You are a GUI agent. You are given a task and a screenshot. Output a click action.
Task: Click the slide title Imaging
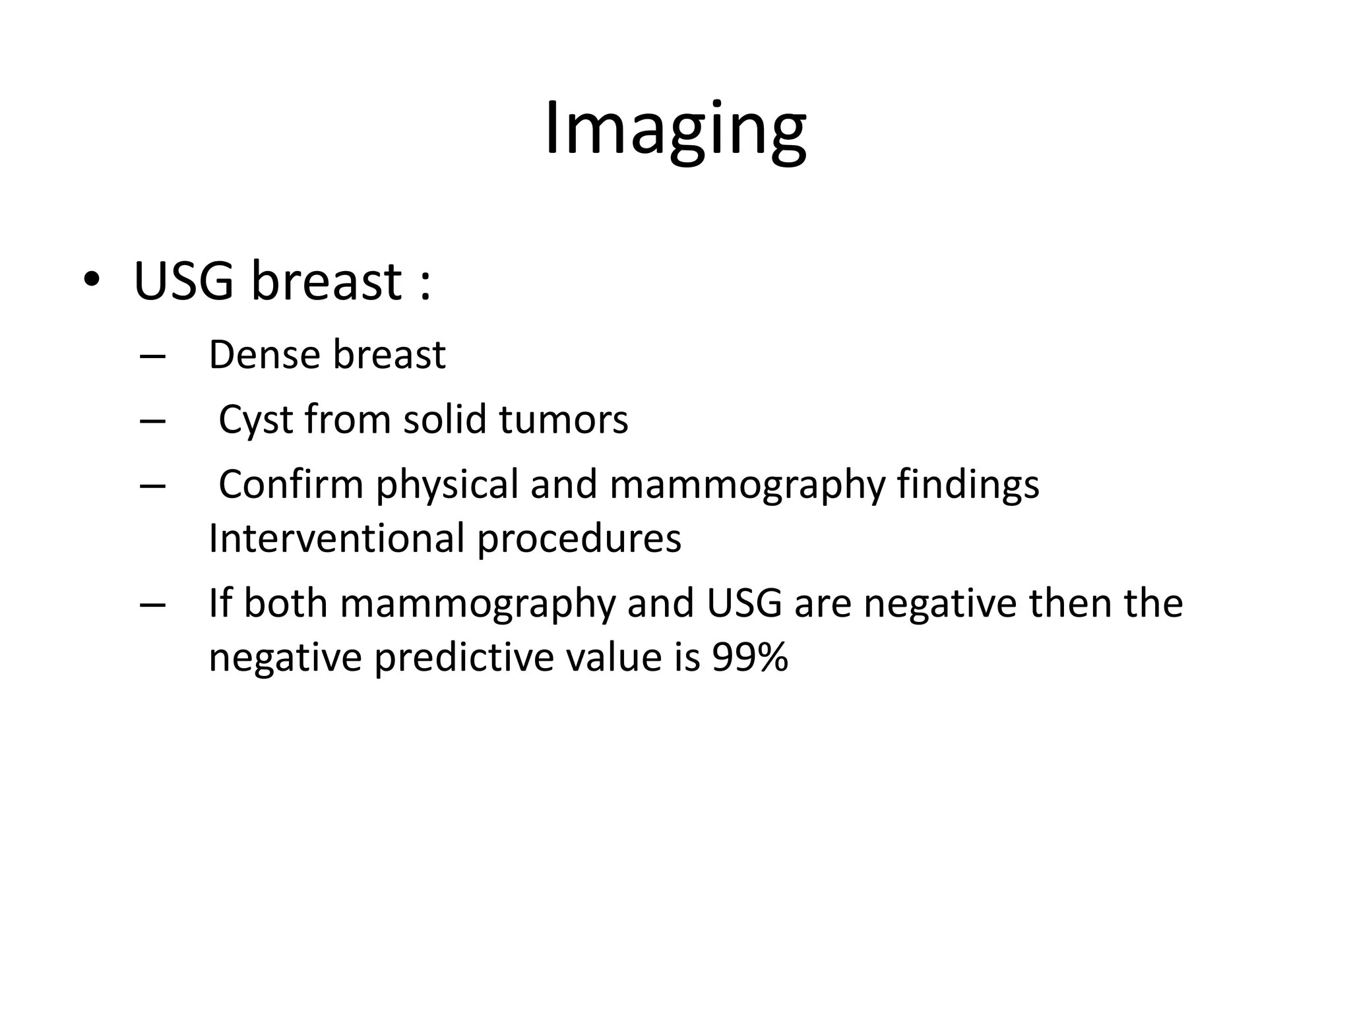coord(675,129)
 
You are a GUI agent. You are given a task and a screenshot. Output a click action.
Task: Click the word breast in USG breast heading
coord(327,282)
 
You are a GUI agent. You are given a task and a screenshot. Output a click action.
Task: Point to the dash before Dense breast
coord(152,357)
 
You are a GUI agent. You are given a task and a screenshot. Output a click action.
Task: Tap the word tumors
coord(563,420)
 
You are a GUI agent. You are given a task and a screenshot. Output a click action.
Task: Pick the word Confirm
coord(291,484)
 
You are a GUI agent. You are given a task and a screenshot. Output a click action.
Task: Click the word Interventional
coord(336,538)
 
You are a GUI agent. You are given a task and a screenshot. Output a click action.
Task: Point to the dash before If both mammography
coord(152,605)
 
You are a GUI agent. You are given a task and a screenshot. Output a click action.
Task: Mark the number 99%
coord(750,658)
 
